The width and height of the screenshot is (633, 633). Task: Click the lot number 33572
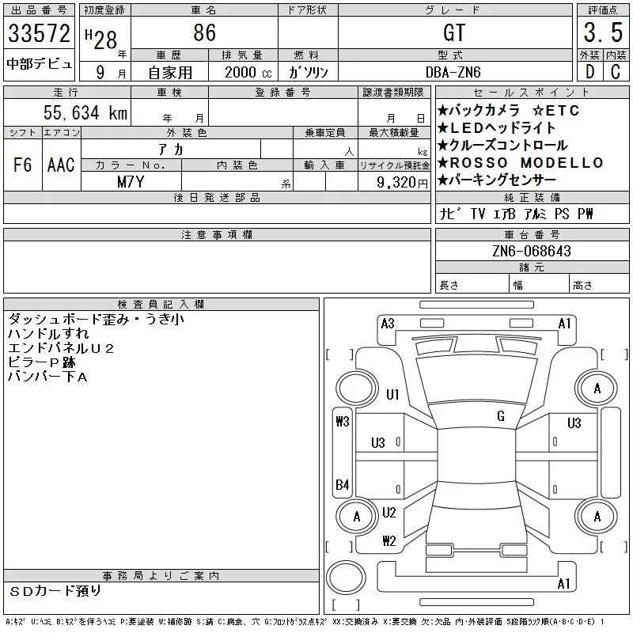tap(39, 33)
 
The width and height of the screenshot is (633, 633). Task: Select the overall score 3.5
tap(603, 32)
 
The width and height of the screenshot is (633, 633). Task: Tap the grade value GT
tap(454, 32)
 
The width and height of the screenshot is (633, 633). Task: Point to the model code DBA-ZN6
tap(453, 72)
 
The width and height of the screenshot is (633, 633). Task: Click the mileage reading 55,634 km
tap(85, 112)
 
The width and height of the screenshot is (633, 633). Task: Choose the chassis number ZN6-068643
tap(532, 251)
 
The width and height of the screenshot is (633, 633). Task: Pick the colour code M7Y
tap(131, 182)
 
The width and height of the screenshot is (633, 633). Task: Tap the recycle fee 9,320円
tap(402, 183)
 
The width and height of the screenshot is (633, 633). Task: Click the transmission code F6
tap(23, 165)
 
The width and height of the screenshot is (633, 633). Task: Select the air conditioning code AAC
tap(61, 165)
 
